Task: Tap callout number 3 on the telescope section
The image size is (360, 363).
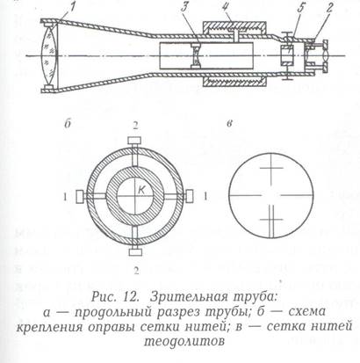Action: tap(184, 9)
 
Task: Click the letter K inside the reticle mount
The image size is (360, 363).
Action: tap(141, 191)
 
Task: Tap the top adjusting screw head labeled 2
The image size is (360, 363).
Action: tap(135, 140)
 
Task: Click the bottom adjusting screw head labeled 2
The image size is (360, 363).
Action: tap(135, 252)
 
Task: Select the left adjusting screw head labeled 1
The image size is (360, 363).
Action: tap(80, 196)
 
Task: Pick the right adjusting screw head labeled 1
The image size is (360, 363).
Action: tap(190, 196)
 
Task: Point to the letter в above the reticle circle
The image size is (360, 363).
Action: tap(230, 123)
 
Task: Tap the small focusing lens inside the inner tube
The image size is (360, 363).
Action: tap(195, 55)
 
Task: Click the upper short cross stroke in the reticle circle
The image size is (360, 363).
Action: tap(272, 168)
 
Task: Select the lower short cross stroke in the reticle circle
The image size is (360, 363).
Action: tap(272, 219)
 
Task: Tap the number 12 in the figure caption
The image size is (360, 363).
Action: tap(131, 297)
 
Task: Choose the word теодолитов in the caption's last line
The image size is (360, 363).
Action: tap(184, 341)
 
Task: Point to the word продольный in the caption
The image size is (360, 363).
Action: tap(113, 313)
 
